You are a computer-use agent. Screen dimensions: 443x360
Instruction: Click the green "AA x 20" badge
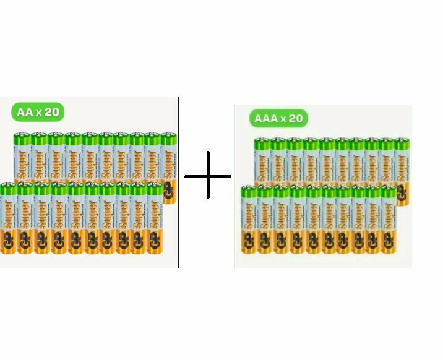point(38,112)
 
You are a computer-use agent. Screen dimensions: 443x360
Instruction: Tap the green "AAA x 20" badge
point(278,118)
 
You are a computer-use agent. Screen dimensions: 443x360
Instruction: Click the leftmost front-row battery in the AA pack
point(8,220)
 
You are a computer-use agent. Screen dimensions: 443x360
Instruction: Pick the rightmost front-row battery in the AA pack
point(155,220)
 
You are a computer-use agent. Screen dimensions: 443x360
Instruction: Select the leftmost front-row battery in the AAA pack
point(249,220)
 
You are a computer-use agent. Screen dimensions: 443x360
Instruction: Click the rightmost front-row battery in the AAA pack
point(388,220)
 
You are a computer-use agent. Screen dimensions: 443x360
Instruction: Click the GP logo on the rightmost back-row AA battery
point(169,193)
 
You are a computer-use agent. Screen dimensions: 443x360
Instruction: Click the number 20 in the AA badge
point(52,112)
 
